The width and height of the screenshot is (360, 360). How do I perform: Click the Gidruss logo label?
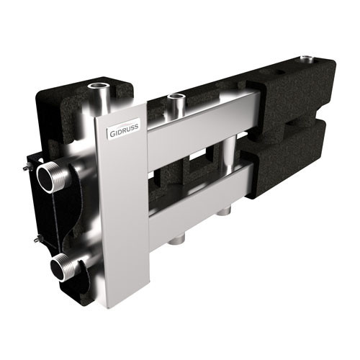tap(124, 129)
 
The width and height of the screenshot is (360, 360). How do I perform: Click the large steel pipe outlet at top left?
tap(99, 96)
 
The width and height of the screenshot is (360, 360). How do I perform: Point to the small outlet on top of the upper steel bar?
tap(176, 103)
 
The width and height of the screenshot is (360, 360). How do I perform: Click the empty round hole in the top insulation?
tap(282, 72)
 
